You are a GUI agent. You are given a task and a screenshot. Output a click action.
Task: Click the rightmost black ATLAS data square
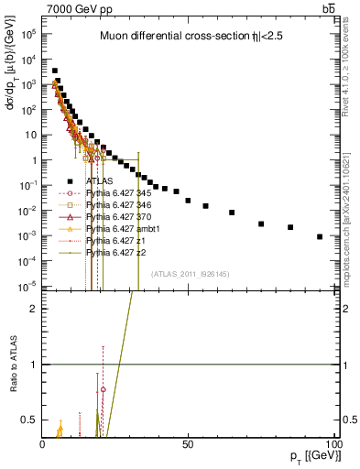point(320,236)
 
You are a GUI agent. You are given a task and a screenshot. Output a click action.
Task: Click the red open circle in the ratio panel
point(104,389)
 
